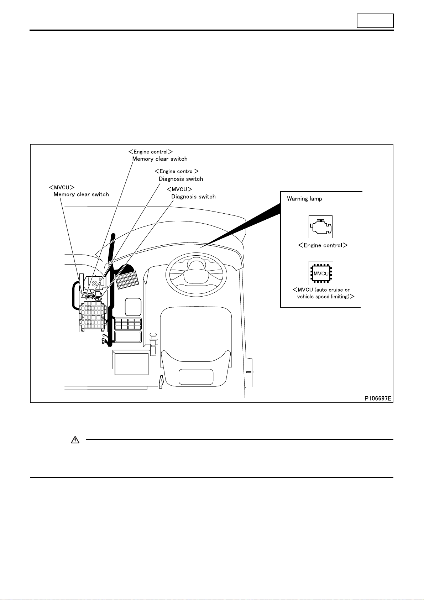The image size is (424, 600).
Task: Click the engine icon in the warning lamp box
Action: (321, 226)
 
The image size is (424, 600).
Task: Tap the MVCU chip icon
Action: (321, 273)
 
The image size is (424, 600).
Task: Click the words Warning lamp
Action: (304, 199)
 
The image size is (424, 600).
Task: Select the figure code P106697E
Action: (378, 398)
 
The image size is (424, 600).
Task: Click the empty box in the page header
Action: (375, 21)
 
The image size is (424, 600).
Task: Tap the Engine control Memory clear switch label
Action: (158, 155)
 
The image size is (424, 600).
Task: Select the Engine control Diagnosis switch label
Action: (179, 175)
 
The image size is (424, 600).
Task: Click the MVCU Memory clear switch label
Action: (79, 191)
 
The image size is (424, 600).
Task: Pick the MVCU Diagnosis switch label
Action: (191, 193)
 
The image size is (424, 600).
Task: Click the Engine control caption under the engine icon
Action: (323, 245)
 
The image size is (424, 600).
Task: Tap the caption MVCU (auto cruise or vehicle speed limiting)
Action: (323, 293)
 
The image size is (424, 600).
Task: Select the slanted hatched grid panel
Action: (127, 280)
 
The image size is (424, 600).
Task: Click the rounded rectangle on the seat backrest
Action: (196, 377)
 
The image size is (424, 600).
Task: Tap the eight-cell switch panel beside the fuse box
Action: (128, 324)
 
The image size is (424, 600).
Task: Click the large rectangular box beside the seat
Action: (131, 364)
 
